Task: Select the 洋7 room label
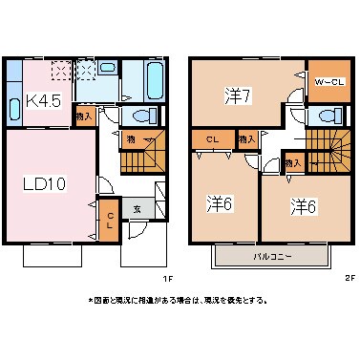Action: click(237, 97)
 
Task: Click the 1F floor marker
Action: click(166, 279)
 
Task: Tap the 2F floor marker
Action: click(349, 279)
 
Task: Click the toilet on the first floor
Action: click(144, 116)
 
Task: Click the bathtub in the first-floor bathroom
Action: click(152, 81)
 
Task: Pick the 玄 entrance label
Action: click(137, 210)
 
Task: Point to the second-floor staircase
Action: click(330, 153)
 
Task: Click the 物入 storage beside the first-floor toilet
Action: click(84, 116)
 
